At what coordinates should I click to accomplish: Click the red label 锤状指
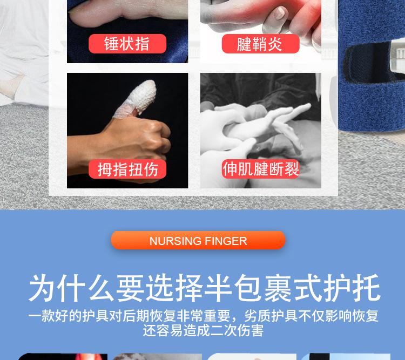point(127,44)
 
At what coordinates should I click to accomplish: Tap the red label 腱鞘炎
point(260,44)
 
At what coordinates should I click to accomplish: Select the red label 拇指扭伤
point(127,169)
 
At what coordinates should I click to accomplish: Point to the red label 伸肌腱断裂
point(261,169)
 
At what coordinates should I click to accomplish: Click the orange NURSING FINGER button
point(198,241)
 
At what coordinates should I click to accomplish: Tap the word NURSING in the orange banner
point(175,241)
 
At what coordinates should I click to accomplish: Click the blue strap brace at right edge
point(373,81)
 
